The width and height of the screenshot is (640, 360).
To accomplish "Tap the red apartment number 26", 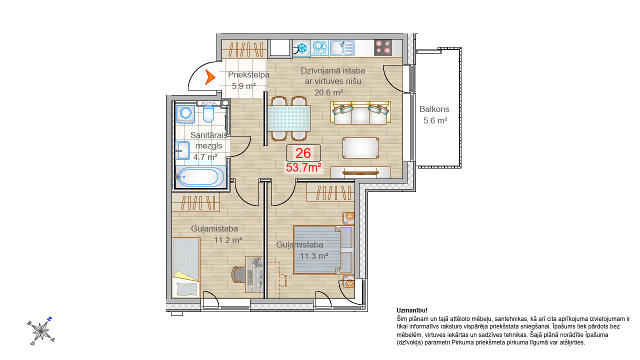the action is pos(303,153).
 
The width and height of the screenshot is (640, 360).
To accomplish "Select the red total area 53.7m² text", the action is pos(303,167).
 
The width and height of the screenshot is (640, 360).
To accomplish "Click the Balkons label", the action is pos(434,109).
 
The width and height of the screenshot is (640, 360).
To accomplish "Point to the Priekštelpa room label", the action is pos(248,75).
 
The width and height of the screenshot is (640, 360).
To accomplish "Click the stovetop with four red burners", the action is pos(383,47).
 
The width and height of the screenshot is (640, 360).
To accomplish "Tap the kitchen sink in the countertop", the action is pos(342,47).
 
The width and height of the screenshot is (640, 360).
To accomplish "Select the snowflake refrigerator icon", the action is pos(302,48).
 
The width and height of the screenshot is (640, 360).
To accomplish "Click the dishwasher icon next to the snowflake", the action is pos(319,47).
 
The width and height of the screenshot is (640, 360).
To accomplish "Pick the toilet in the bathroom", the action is pos(208,113).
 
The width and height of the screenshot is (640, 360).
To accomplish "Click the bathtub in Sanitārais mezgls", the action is pos(200,177).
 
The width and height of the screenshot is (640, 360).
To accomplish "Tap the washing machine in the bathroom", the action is pos(185,113).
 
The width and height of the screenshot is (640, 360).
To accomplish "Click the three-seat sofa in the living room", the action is pos(360,112).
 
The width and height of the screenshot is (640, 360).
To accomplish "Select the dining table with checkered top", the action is pos(289,118).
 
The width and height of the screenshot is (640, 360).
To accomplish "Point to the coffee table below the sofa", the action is pos(361,147).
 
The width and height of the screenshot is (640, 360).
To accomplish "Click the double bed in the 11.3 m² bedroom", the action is pos(323,250).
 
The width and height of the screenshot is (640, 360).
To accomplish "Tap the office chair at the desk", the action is pos(239,274).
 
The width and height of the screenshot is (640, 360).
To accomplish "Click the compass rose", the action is pos(41,331).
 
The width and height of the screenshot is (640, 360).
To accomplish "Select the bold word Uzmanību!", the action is pos(412,310).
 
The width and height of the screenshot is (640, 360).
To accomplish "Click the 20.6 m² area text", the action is pos(328,92).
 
